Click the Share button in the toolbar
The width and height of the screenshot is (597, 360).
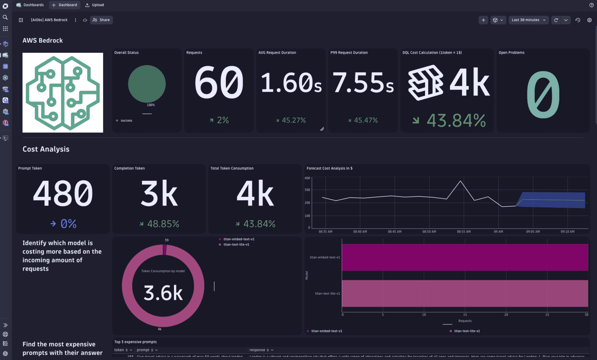[x=101, y=20]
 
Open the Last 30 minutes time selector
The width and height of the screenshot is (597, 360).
[x=528, y=20]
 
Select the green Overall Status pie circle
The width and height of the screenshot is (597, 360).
[x=147, y=84]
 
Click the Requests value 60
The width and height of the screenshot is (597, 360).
[x=219, y=82]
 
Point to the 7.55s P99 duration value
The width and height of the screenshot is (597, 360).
[x=363, y=83]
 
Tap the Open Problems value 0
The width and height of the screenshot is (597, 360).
[x=543, y=95]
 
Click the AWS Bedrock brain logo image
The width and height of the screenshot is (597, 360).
[x=63, y=93]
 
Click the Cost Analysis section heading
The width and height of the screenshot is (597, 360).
[x=46, y=149]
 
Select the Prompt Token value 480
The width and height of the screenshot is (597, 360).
[x=63, y=193]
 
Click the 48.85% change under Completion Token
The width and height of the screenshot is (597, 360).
[x=163, y=224]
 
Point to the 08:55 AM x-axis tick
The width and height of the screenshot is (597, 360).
[x=463, y=232]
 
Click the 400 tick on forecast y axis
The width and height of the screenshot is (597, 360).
[x=307, y=178]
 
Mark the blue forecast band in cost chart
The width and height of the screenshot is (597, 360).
[x=552, y=200]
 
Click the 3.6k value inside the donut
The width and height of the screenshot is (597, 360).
[x=163, y=293]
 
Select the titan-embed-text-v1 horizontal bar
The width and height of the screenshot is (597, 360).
[x=465, y=257]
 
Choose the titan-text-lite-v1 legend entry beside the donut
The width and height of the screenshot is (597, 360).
[x=236, y=245]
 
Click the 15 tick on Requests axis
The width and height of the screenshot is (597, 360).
[x=465, y=315]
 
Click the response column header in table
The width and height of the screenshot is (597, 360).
[x=257, y=350]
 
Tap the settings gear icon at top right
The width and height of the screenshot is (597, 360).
[x=589, y=20]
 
